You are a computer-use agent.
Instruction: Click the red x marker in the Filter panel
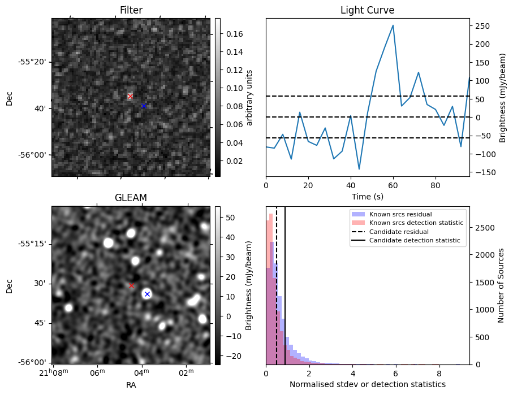coord(130,97)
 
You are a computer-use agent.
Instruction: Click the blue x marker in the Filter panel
coord(144,106)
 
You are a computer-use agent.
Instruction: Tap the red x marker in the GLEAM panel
coord(131,286)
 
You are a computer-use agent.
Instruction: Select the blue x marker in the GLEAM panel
coord(147,294)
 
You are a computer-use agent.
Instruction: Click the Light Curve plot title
coord(367,10)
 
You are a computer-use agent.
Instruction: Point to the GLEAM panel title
coord(131,198)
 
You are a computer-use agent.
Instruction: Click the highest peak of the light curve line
coord(393,25)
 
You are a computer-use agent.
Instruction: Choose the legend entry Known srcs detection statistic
coord(416,223)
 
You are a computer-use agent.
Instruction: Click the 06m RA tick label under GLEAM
coord(97,372)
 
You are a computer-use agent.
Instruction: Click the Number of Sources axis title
coord(501,285)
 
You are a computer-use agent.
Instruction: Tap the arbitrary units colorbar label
coord(249,97)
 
